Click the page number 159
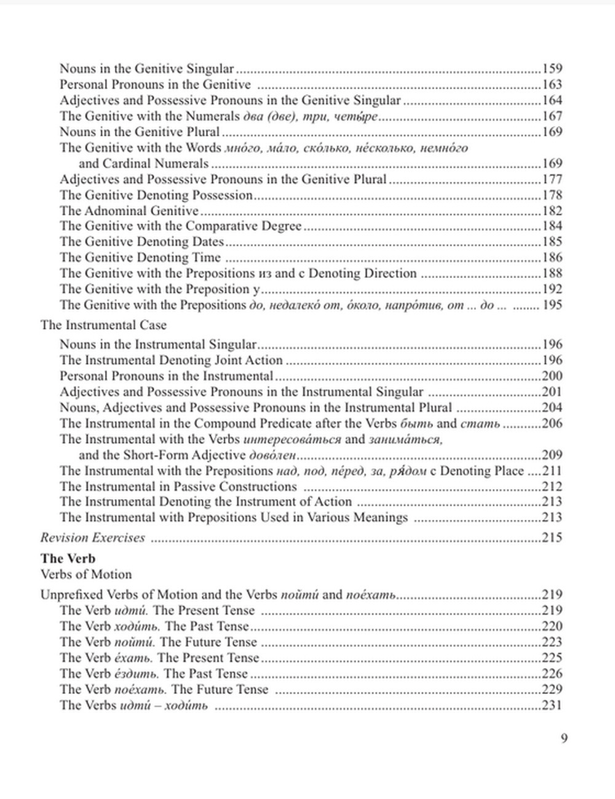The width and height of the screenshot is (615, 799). click(552, 69)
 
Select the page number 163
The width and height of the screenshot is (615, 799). click(552, 85)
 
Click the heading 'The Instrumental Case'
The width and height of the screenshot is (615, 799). click(103, 325)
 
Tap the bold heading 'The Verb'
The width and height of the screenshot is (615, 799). click(68, 559)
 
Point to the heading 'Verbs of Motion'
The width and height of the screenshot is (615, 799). click(86, 575)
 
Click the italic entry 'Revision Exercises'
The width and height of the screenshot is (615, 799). click(93, 538)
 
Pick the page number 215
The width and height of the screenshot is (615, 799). click(552, 538)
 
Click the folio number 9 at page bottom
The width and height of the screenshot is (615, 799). click(564, 738)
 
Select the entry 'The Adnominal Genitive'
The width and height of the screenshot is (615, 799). click(129, 211)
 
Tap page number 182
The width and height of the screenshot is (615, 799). click(552, 211)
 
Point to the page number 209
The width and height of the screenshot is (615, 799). click(552, 455)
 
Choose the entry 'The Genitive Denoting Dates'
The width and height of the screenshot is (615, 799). click(141, 242)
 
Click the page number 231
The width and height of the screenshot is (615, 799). click(552, 705)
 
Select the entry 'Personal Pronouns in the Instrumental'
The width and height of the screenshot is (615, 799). click(166, 376)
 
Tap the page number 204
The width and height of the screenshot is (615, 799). click(552, 407)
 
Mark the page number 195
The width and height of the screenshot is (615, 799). click(552, 305)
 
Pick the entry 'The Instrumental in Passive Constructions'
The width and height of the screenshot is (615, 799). click(178, 487)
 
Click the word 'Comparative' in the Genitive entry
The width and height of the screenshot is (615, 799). click(223, 226)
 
